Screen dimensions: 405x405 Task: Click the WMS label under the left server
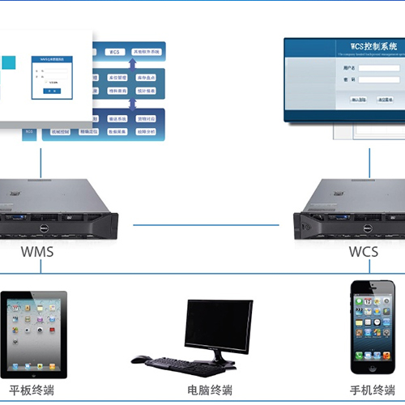point(37,252)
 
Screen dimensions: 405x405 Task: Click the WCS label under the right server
point(363,252)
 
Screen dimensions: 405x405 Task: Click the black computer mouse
point(140,359)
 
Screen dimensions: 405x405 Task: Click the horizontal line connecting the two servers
point(207,223)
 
